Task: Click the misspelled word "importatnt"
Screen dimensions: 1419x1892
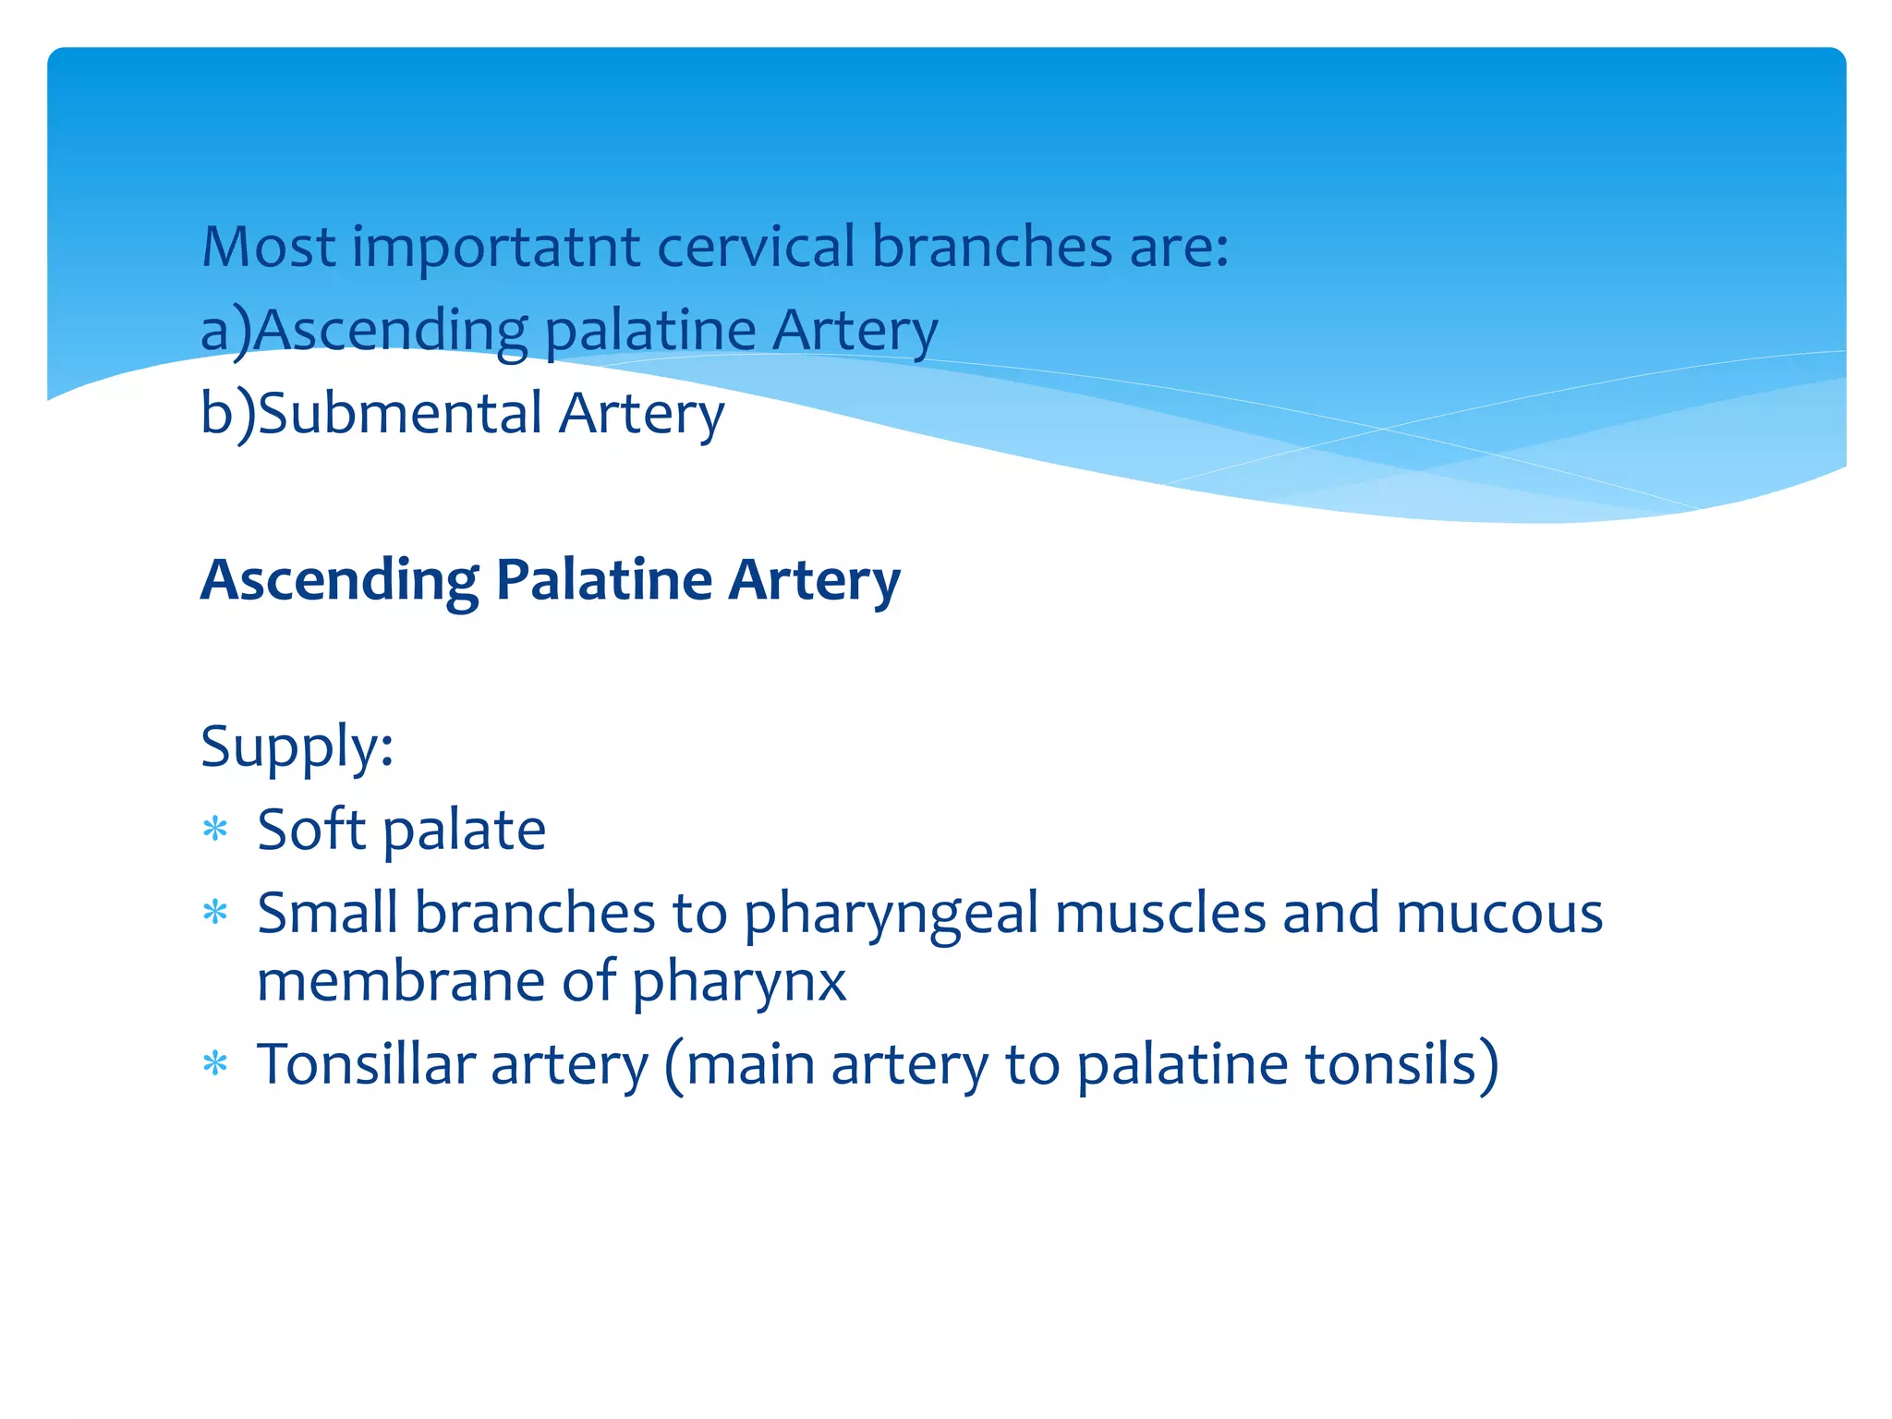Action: pyautogui.click(x=496, y=248)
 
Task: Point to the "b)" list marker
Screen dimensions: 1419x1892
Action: pyautogui.click(x=227, y=413)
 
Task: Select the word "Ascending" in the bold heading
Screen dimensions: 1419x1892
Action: pyautogui.click(x=339, y=580)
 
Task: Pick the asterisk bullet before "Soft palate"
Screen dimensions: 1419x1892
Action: pyautogui.click(x=215, y=829)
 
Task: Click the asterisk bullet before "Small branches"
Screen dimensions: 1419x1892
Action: pyautogui.click(x=215, y=913)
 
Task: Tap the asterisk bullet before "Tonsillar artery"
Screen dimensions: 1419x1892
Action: pyautogui.click(x=215, y=1064)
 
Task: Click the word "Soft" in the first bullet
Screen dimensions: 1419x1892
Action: pyautogui.click(x=311, y=829)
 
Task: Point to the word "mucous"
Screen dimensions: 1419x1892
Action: pyautogui.click(x=1498, y=913)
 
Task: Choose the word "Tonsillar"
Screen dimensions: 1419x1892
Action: pyautogui.click(x=366, y=1064)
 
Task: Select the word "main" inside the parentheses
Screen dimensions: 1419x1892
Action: pyautogui.click(x=750, y=1064)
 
